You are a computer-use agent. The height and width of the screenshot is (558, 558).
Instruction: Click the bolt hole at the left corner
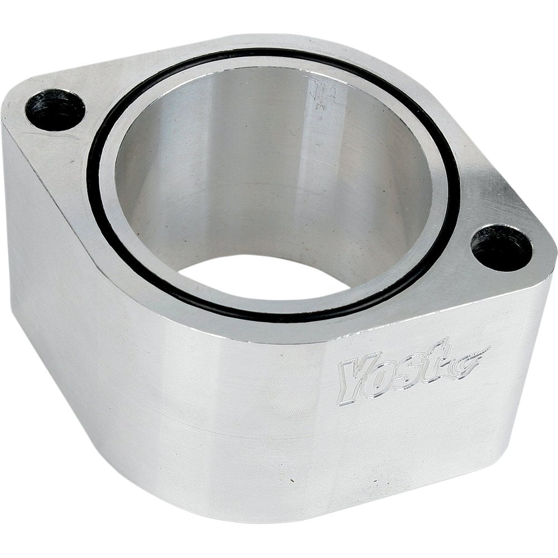point(55,109)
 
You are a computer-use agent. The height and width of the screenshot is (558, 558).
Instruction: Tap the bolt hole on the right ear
point(501,247)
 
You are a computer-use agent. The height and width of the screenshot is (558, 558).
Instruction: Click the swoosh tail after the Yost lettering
point(474,357)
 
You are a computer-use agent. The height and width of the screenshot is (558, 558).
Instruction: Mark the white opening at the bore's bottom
point(262,276)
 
